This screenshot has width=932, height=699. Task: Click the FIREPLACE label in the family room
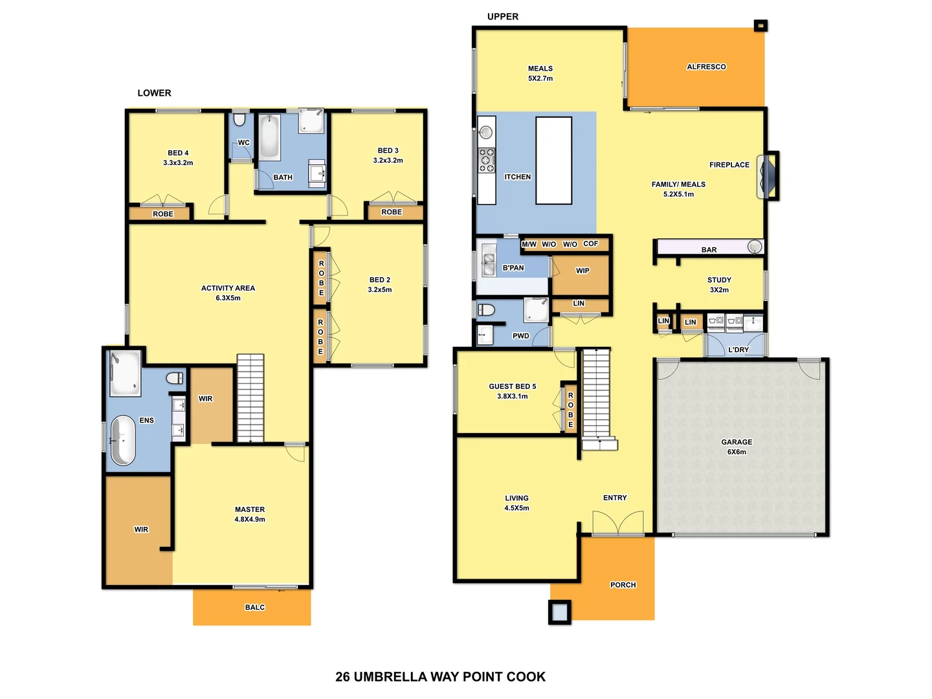click(729, 165)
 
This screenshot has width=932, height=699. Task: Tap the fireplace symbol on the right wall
click(767, 176)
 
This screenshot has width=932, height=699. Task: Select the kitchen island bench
click(553, 161)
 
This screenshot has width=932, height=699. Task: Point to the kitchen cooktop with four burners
click(487, 160)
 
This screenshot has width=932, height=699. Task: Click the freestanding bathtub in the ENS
click(123, 440)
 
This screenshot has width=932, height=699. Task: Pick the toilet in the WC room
click(239, 120)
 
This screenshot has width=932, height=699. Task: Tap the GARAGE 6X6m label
click(737, 447)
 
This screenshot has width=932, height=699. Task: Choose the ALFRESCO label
click(706, 67)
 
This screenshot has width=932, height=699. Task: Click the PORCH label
click(623, 585)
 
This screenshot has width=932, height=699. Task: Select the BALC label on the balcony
click(255, 607)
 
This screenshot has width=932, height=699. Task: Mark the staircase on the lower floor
click(250, 398)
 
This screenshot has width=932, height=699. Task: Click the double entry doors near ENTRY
click(618, 523)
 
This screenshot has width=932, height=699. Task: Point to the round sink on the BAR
click(755, 246)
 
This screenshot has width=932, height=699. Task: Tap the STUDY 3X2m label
click(719, 285)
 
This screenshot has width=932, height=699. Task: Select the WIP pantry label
click(582, 271)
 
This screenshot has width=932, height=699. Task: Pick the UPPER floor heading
click(503, 17)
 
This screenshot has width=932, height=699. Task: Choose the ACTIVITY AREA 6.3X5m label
click(228, 293)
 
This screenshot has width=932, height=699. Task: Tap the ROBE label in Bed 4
click(162, 214)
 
